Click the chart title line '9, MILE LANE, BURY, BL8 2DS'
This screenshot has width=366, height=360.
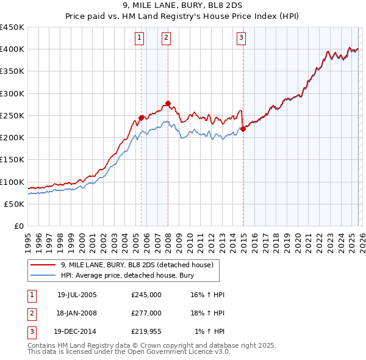pyautogui.click(x=182, y=6)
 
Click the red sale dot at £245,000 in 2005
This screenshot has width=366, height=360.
pyautogui.click(x=141, y=117)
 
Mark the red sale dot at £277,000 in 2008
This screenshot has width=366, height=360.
pyautogui.click(x=168, y=103)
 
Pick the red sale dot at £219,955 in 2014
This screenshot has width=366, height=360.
pyautogui.click(x=243, y=129)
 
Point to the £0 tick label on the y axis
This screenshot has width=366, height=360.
pyautogui.click(x=20, y=226)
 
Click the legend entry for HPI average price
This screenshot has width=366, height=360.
pyautogui.click(x=126, y=275)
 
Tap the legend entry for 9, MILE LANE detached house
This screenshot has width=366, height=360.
pyautogui.click(x=137, y=265)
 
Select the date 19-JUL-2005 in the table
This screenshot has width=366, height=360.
pyautogui.click(x=77, y=294)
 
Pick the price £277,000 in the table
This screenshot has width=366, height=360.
pyautogui.click(x=146, y=313)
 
